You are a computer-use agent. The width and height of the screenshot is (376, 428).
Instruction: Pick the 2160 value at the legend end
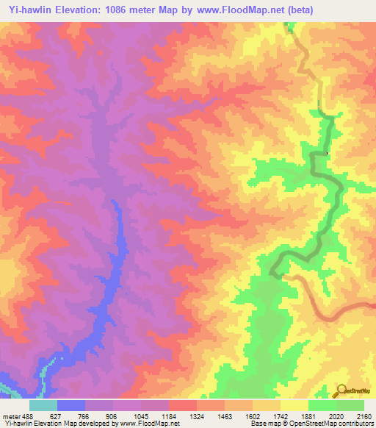tap(362, 415)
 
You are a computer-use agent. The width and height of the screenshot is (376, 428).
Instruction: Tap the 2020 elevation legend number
tap(336, 415)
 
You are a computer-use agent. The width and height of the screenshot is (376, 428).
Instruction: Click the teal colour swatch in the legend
tap(43, 405)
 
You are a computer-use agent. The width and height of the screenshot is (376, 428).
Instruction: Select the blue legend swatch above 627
tap(71, 405)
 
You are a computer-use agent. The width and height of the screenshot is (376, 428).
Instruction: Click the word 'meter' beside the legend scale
tap(10, 415)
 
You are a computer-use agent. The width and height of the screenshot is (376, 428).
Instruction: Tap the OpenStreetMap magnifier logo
tap(339, 390)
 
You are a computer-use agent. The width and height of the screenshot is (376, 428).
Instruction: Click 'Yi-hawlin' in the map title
tap(29, 10)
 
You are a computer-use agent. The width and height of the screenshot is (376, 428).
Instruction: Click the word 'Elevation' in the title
tap(82, 10)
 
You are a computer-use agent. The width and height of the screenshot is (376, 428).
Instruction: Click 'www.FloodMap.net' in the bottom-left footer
tap(150, 424)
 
